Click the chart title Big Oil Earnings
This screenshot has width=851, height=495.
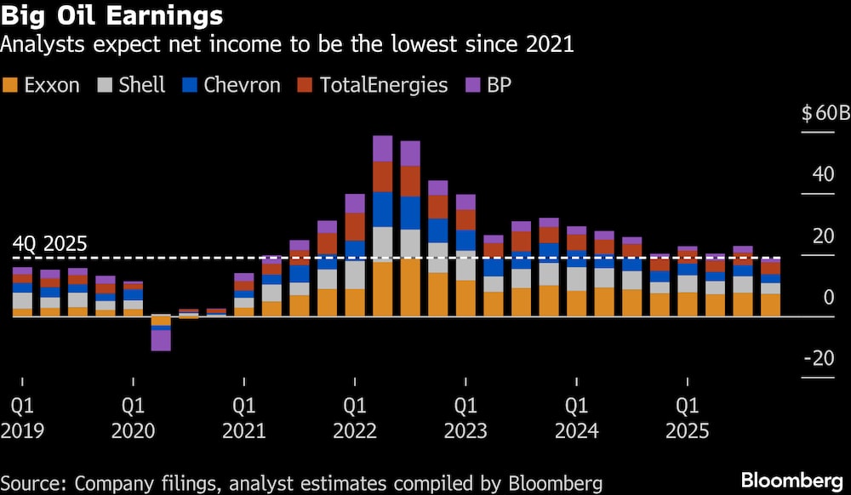(x=112, y=16)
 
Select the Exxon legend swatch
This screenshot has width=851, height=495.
(x=11, y=84)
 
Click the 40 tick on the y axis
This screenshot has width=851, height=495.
(x=823, y=175)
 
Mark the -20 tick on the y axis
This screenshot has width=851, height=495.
(x=820, y=359)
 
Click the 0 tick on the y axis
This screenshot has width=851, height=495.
(x=828, y=298)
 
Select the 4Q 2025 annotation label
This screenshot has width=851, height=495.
(x=49, y=243)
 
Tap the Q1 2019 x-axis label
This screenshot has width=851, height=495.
(x=22, y=417)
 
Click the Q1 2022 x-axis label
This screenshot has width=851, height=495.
(x=355, y=417)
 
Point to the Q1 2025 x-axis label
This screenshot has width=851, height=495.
(x=687, y=417)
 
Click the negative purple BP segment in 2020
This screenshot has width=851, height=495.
(x=161, y=340)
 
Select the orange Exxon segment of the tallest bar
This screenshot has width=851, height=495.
(x=383, y=289)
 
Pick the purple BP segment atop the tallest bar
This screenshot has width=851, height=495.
(x=383, y=148)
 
